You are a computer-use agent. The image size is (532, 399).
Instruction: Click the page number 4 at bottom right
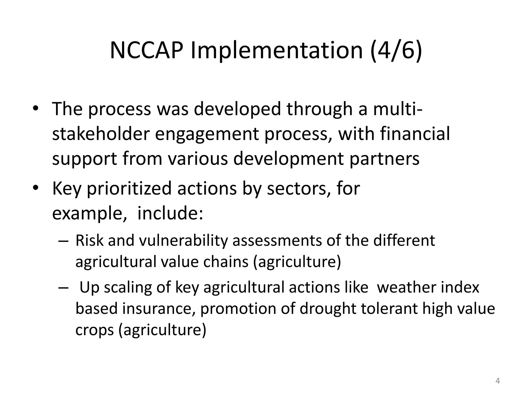(497, 381)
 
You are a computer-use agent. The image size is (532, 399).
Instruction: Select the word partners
(384, 159)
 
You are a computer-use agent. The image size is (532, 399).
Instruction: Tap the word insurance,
(159, 309)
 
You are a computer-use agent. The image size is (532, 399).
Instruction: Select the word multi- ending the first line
(398, 109)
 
